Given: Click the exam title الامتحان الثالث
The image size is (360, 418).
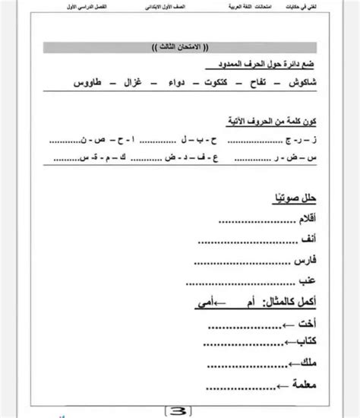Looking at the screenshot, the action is (x=180, y=49).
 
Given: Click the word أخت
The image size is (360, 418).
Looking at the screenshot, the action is (x=305, y=328).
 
